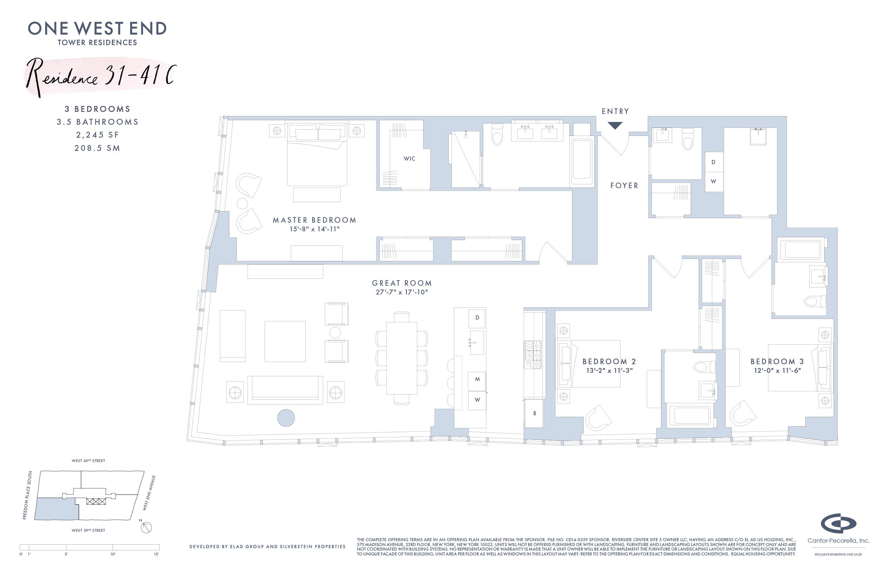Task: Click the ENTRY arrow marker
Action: (x=615, y=126)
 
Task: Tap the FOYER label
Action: (x=624, y=185)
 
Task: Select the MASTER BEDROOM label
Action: (x=314, y=220)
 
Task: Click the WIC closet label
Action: (x=409, y=159)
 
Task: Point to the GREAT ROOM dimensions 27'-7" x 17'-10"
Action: (x=402, y=292)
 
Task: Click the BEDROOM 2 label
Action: (x=609, y=361)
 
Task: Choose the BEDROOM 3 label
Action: (x=777, y=361)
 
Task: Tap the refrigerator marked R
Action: (x=534, y=413)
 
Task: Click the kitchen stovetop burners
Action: (x=533, y=355)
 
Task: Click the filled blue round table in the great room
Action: (x=286, y=418)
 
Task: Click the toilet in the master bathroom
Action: (x=497, y=135)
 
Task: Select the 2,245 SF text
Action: (x=98, y=135)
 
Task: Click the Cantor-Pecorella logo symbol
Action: (x=838, y=524)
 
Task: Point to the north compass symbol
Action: (x=146, y=527)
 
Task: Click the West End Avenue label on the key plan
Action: (x=149, y=492)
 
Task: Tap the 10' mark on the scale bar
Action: (x=113, y=554)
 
